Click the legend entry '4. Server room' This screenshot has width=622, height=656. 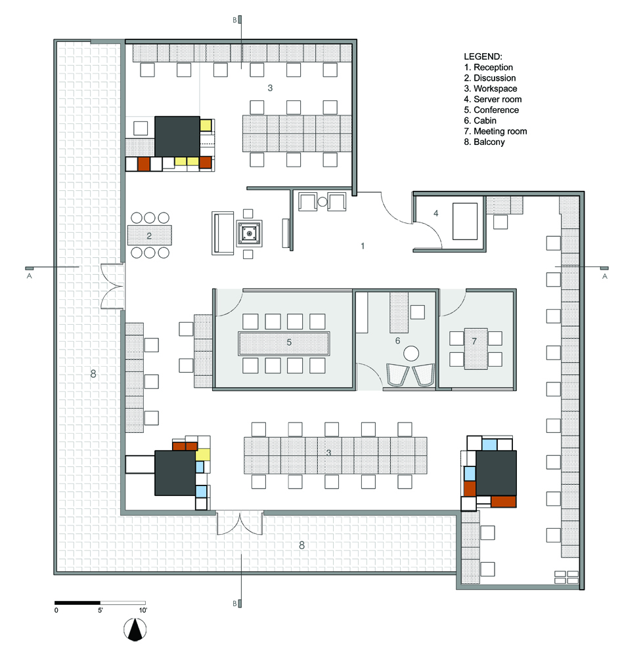coord(492,99)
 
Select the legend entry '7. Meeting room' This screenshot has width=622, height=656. coord(495,131)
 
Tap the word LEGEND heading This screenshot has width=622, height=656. coord(483,56)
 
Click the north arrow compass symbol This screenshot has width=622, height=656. coord(135,630)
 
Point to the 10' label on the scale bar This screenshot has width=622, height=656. coord(143,610)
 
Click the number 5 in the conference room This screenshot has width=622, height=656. coord(289,342)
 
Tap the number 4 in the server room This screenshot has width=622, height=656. coord(435,213)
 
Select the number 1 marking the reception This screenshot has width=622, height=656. coord(363,246)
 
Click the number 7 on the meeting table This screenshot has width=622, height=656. coord(474,341)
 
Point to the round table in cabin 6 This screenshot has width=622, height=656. coord(411,354)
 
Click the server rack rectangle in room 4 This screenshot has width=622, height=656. coord(465,221)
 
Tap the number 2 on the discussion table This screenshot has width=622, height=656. coord(149,236)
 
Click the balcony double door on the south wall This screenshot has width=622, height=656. coord(240,523)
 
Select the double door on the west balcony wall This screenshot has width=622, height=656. coord(112,287)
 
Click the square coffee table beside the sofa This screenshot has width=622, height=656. coord(249,233)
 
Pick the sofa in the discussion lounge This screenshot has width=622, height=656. coord(223,233)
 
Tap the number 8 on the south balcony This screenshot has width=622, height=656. coord(301,545)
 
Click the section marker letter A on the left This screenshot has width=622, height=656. coord(30,276)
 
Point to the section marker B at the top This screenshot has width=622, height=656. coord(235,20)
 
